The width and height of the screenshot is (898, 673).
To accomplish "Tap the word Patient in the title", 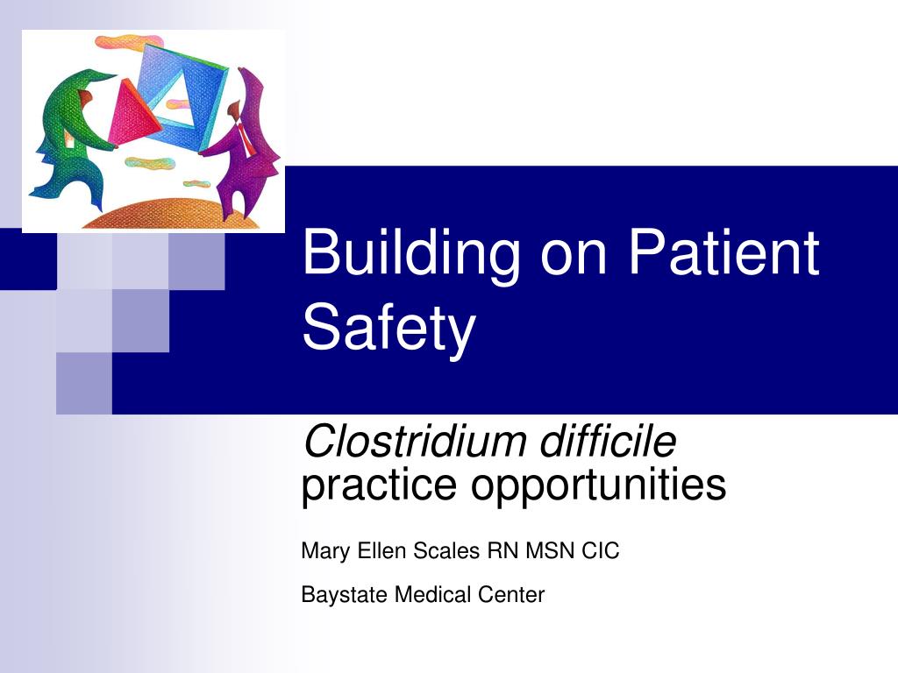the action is click(x=723, y=251).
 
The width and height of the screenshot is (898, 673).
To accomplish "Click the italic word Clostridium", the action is click(x=415, y=442).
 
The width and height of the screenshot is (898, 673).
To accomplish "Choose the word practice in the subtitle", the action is click(x=379, y=485).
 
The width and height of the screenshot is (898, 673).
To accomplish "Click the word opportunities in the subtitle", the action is click(x=598, y=485).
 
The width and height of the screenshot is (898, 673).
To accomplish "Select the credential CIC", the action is click(x=600, y=550).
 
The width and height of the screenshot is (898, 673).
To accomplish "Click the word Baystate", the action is click(x=344, y=595).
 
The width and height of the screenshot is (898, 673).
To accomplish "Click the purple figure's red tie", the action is click(x=246, y=138).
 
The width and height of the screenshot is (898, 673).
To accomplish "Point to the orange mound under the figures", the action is click(x=172, y=214).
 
